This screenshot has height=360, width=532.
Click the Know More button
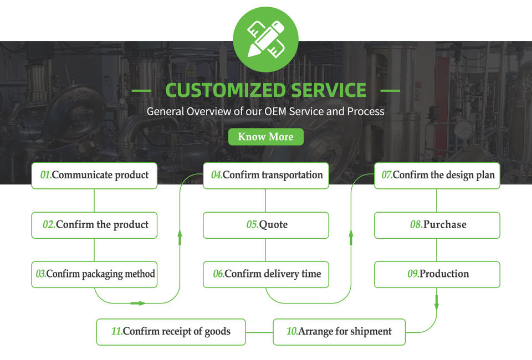point(265,137)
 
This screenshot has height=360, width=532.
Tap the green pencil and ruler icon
point(265,39)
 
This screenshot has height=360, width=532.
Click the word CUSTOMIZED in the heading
point(226,90)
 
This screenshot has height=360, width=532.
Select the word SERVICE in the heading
point(329,90)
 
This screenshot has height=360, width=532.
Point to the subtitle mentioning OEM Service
point(265,111)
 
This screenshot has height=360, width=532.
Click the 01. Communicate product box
point(94,176)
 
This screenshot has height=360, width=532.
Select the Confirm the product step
point(94,225)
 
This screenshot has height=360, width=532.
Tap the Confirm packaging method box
point(94,275)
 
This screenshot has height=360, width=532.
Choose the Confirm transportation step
point(266,176)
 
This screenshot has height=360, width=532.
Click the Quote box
point(266,225)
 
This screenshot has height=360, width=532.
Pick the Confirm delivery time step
point(266,275)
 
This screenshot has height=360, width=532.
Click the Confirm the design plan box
point(437,176)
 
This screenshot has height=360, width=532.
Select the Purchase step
point(437,225)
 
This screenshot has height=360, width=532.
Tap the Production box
point(437,275)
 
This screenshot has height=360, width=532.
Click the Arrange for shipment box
point(339,332)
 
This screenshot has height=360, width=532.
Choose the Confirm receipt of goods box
point(171,332)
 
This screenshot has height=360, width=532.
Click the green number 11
point(117,331)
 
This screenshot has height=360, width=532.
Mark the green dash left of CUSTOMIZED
point(141,90)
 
